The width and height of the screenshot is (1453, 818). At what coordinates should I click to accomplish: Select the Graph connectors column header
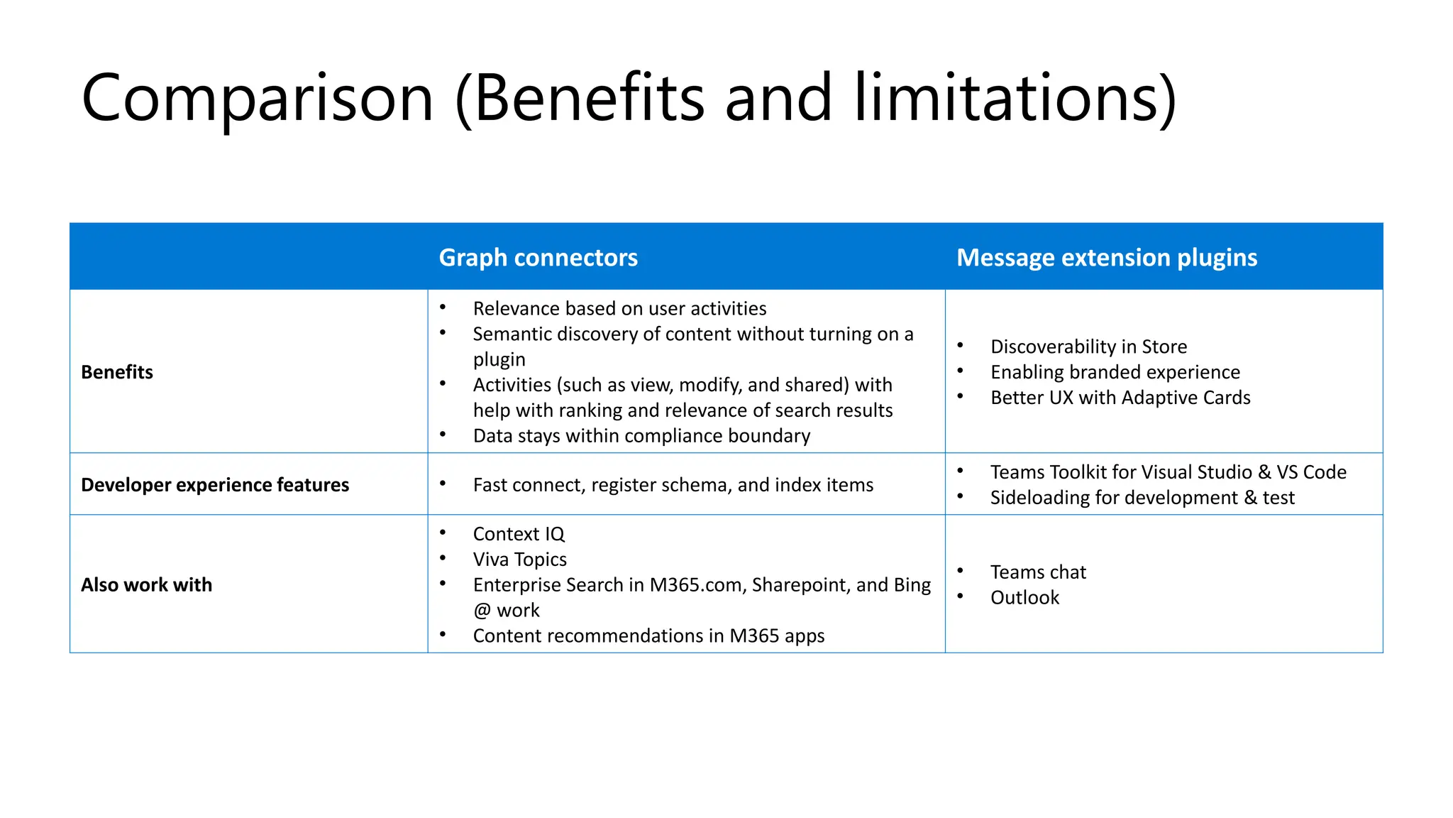pyautogui.click(x=538, y=257)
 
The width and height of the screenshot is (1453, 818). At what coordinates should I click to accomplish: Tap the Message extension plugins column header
pyautogui.click(x=1106, y=257)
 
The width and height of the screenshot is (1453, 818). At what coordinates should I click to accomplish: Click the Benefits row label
pyautogui.click(x=117, y=372)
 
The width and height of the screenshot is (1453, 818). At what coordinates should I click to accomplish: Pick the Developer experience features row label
pyautogui.click(x=215, y=485)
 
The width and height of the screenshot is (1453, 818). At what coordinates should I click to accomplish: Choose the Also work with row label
pyautogui.click(x=146, y=585)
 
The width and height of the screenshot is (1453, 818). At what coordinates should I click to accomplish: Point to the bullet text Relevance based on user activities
pyautogui.click(x=619, y=309)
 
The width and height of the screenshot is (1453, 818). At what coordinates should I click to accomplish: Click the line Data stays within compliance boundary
pyautogui.click(x=641, y=436)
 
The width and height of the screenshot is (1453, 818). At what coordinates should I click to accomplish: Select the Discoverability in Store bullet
pyautogui.click(x=1088, y=347)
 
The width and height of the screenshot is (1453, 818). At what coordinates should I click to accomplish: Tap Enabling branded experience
pyautogui.click(x=1115, y=372)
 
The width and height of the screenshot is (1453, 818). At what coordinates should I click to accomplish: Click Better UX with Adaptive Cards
pyautogui.click(x=1120, y=398)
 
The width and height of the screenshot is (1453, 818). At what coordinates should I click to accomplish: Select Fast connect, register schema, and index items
pyautogui.click(x=673, y=485)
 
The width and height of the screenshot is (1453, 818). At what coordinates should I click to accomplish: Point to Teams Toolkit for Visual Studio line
pyautogui.click(x=1168, y=472)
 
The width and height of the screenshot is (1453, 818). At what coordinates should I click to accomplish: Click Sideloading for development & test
pyautogui.click(x=1142, y=498)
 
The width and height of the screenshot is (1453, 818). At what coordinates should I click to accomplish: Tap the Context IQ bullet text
pyautogui.click(x=519, y=534)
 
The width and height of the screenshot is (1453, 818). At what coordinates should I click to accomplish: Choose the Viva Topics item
pyautogui.click(x=519, y=560)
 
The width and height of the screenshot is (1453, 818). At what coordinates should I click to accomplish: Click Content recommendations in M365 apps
pyautogui.click(x=648, y=636)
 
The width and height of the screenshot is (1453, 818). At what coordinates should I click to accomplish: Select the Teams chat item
pyautogui.click(x=1038, y=572)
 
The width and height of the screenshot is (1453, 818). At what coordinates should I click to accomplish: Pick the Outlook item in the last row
pyautogui.click(x=1024, y=598)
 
